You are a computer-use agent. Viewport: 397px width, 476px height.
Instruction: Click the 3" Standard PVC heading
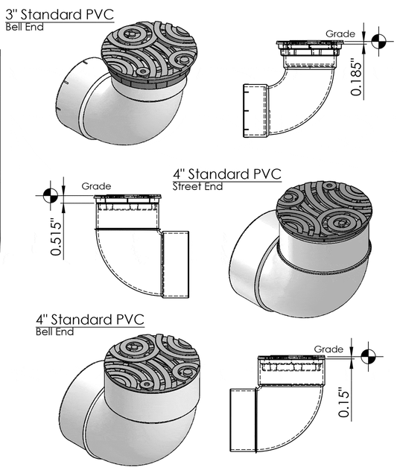click(x=60, y=15)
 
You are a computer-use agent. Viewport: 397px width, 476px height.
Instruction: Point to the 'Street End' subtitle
click(x=197, y=186)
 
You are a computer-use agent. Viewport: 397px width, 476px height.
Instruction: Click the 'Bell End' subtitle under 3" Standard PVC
click(x=25, y=27)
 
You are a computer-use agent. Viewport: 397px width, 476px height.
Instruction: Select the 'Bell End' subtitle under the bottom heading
click(x=54, y=331)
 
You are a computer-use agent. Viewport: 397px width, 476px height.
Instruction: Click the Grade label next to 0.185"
click(x=340, y=34)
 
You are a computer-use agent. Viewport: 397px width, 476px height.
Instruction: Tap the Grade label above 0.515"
click(x=96, y=186)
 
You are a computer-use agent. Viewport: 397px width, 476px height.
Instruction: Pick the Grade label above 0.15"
click(x=328, y=349)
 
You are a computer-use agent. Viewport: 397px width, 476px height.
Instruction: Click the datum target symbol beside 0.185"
click(x=378, y=41)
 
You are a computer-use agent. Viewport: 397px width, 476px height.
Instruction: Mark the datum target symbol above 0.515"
click(x=51, y=195)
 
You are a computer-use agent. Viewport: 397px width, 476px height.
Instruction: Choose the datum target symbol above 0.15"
click(x=369, y=356)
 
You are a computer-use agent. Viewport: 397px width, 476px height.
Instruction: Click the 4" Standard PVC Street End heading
click(x=227, y=174)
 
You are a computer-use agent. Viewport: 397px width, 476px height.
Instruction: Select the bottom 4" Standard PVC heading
click(x=90, y=320)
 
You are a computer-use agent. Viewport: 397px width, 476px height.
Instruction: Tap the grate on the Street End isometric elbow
click(x=324, y=210)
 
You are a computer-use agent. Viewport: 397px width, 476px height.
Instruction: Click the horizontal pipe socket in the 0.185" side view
click(x=256, y=110)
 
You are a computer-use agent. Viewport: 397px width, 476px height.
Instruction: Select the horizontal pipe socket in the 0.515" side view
click(x=176, y=264)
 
